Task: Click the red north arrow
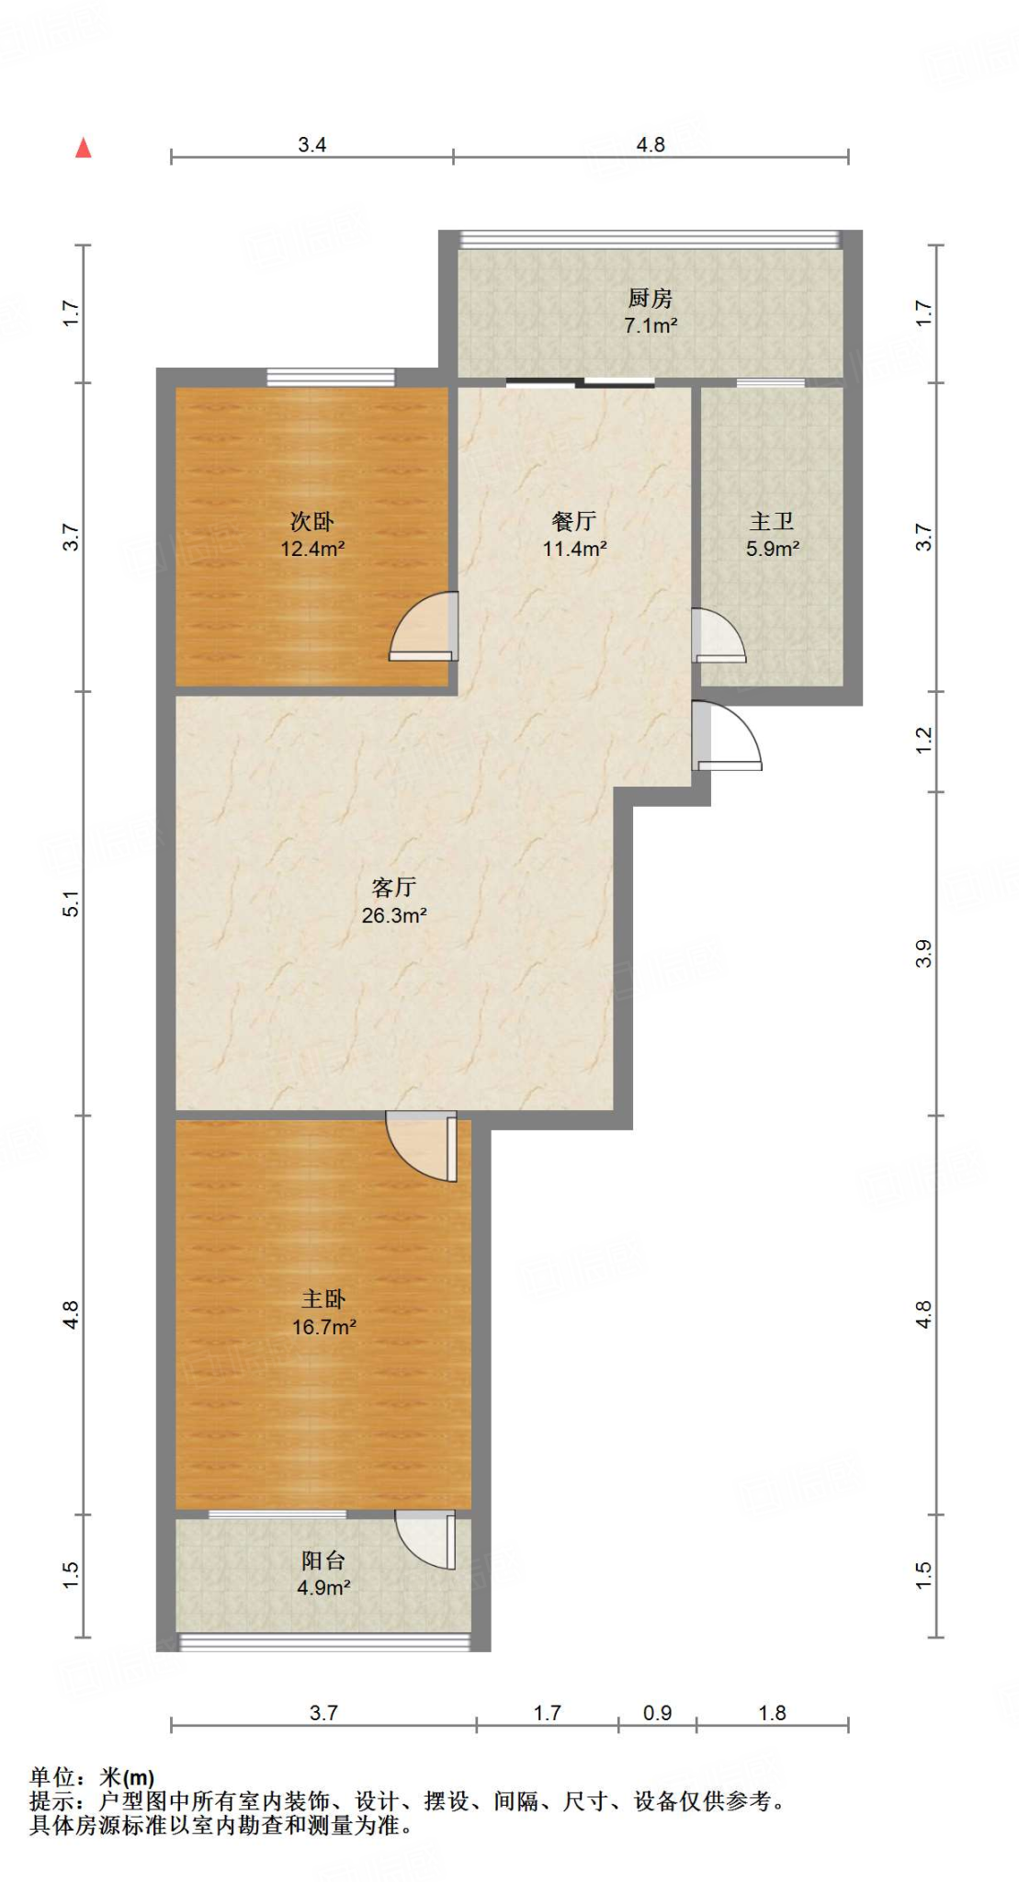[84, 148]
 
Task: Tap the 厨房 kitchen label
[651, 298]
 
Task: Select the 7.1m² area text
[651, 325]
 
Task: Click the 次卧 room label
[312, 522]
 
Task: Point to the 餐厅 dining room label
[574, 522]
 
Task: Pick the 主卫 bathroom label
[772, 522]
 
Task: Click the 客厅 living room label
[394, 887]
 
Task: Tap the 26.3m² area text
[394, 915]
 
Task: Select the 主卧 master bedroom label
[323, 1298]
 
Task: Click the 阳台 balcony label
[323, 1560]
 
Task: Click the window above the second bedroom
[331, 377]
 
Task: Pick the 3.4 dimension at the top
[312, 145]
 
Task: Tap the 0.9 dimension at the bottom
[657, 1713]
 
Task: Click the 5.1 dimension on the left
[72, 904]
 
